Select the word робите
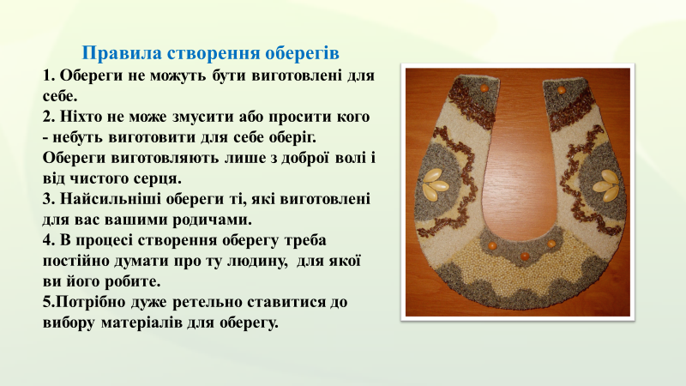click(133, 281)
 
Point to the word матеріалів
click(141, 323)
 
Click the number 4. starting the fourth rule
click(49, 240)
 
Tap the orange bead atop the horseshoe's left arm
click(484, 88)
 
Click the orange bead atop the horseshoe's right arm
click(561, 90)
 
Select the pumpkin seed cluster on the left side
click(436, 184)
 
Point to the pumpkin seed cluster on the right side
click(606, 186)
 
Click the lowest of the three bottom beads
click(525, 256)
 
